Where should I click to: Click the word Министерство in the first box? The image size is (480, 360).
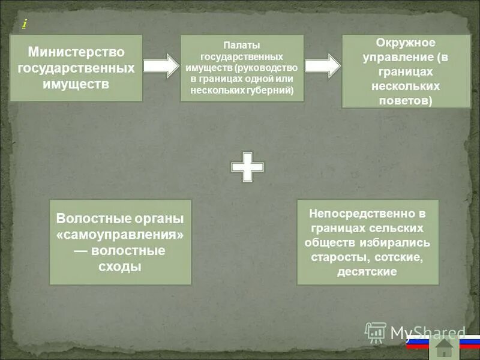coord(76,52)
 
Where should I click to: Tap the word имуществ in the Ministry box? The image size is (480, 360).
coord(76,83)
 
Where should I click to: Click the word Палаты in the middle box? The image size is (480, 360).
coord(242,45)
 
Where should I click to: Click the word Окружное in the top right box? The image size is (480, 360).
coord(406,43)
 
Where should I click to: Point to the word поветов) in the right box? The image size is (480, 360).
coord(406,100)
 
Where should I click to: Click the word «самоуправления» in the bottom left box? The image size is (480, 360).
coord(120,235)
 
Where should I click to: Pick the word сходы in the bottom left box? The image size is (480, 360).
coord(119,266)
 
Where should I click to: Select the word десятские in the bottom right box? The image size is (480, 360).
coord(368,271)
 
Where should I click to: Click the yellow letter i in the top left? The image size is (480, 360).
coord(24,23)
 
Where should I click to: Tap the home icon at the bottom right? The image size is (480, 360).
coord(444,347)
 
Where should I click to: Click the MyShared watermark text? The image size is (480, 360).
coord(427,332)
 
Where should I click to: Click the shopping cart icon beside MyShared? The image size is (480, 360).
coord(376,332)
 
